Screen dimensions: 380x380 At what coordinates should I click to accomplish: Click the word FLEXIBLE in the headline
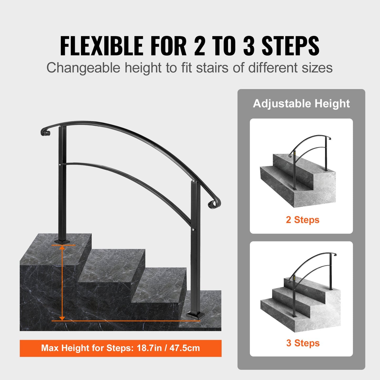pos(102,46)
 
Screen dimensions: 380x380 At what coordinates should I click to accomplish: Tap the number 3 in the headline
pos(249,46)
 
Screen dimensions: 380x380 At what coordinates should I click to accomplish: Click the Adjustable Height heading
pos(301,104)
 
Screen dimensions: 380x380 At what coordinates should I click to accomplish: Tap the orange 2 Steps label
pos(302,220)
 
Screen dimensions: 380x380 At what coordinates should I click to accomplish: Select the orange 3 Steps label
pos(303,343)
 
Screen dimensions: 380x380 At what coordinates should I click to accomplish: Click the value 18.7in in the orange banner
pos(149,348)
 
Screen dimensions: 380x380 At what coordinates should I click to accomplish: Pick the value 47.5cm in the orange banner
pos(185,348)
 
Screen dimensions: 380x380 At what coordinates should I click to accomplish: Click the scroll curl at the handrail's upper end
pos(45,131)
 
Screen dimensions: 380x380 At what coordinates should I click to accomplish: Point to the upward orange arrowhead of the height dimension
pos(62,247)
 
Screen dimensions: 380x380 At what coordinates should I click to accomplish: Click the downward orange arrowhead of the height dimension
pos(62,318)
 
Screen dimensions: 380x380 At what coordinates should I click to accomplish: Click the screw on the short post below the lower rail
pos(194,230)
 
